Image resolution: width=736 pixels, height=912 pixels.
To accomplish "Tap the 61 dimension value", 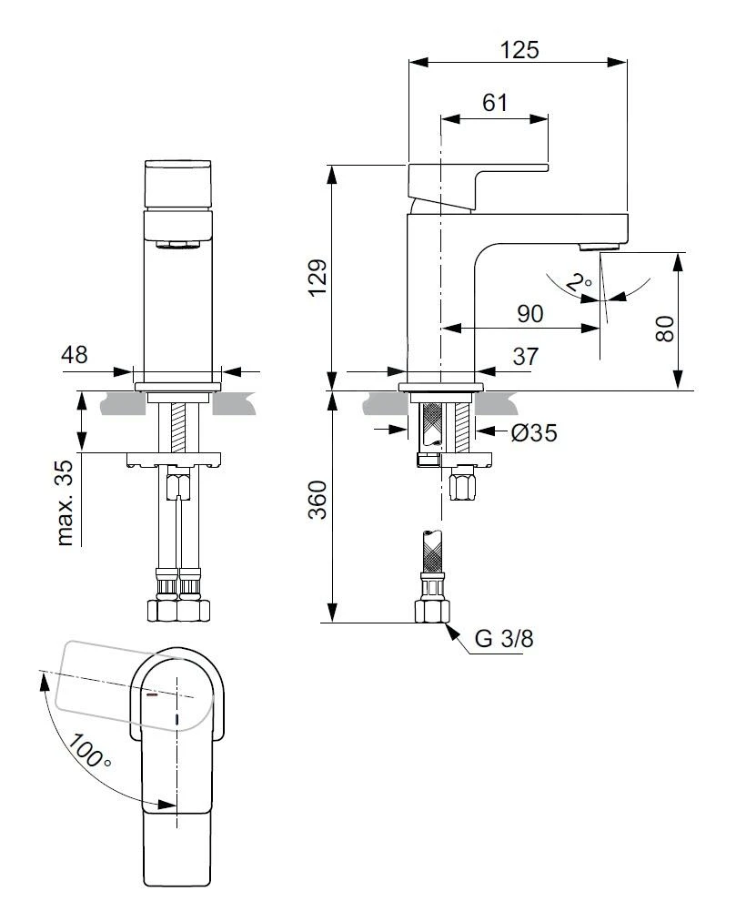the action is click(x=495, y=102).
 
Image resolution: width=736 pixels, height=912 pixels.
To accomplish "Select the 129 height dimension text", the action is click(x=318, y=278).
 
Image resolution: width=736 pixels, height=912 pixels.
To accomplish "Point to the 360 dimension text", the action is click(x=318, y=499).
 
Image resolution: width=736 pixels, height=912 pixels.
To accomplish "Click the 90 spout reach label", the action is click(x=530, y=313).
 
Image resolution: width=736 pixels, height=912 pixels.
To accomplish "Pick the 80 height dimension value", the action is click(x=664, y=329).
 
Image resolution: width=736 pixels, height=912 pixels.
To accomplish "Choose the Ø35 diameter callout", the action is click(x=534, y=432).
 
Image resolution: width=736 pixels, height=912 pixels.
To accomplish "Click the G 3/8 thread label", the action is click(x=503, y=639).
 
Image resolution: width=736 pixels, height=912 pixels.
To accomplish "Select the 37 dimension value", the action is click(x=526, y=356).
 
